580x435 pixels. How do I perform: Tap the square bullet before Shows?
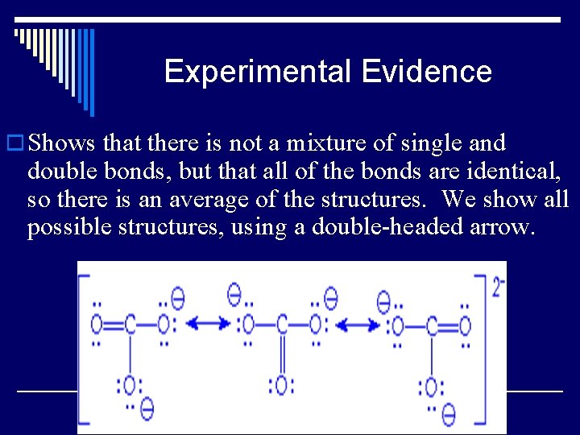[x=14, y=144]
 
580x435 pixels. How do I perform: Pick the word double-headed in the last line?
[x=379, y=226]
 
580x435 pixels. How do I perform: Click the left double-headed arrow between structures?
[x=207, y=324]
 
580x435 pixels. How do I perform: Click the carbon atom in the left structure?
[x=130, y=325]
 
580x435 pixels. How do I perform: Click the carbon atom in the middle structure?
[x=281, y=325]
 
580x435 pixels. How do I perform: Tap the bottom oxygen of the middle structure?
[x=281, y=385]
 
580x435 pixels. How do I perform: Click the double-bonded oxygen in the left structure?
[x=97, y=325]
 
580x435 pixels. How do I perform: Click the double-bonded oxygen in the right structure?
[x=465, y=325]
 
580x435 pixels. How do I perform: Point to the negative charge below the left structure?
[x=147, y=408]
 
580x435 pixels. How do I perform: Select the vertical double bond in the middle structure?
[x=281, y=354]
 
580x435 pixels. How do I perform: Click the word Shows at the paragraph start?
[x=61, y=143]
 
